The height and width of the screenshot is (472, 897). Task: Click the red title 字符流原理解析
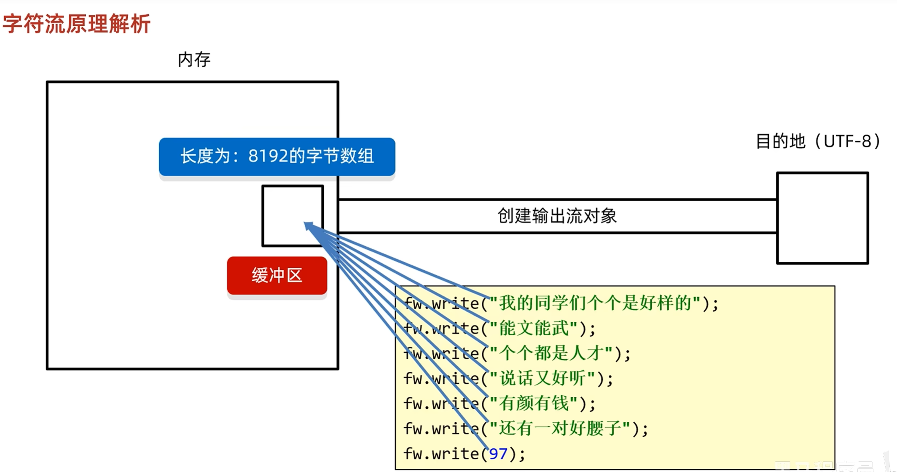77,24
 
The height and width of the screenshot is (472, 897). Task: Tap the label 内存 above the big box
194,60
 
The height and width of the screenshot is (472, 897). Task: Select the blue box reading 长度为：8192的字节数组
277,156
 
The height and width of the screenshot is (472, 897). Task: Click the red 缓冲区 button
277,276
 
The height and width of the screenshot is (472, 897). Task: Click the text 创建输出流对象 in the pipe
557,216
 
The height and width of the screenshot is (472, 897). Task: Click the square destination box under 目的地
822,218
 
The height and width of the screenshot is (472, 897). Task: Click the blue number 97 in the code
498,454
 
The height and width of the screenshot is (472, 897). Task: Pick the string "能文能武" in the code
534,328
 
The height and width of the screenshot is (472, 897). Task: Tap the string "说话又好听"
543,378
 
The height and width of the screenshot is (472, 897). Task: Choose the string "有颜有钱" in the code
534,404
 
